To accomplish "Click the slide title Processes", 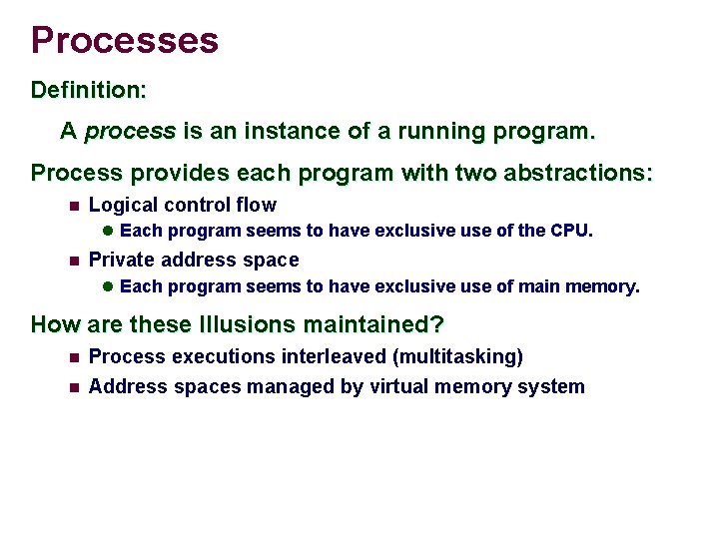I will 124,40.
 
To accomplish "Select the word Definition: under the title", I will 89,90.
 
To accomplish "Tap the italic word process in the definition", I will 130,131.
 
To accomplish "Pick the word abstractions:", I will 573,173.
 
